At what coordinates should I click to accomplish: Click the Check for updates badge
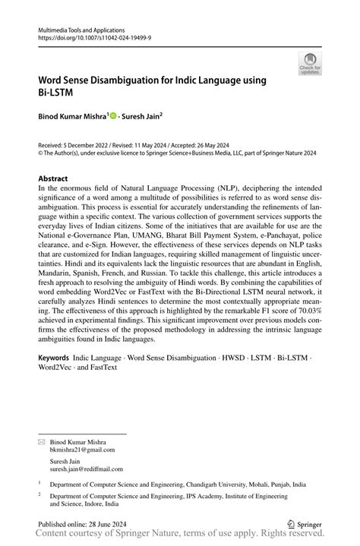[309, 63]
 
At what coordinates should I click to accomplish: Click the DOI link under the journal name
[89, 36]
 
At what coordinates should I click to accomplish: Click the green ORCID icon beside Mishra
[114, 116]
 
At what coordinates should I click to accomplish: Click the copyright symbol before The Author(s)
[41, 151]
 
